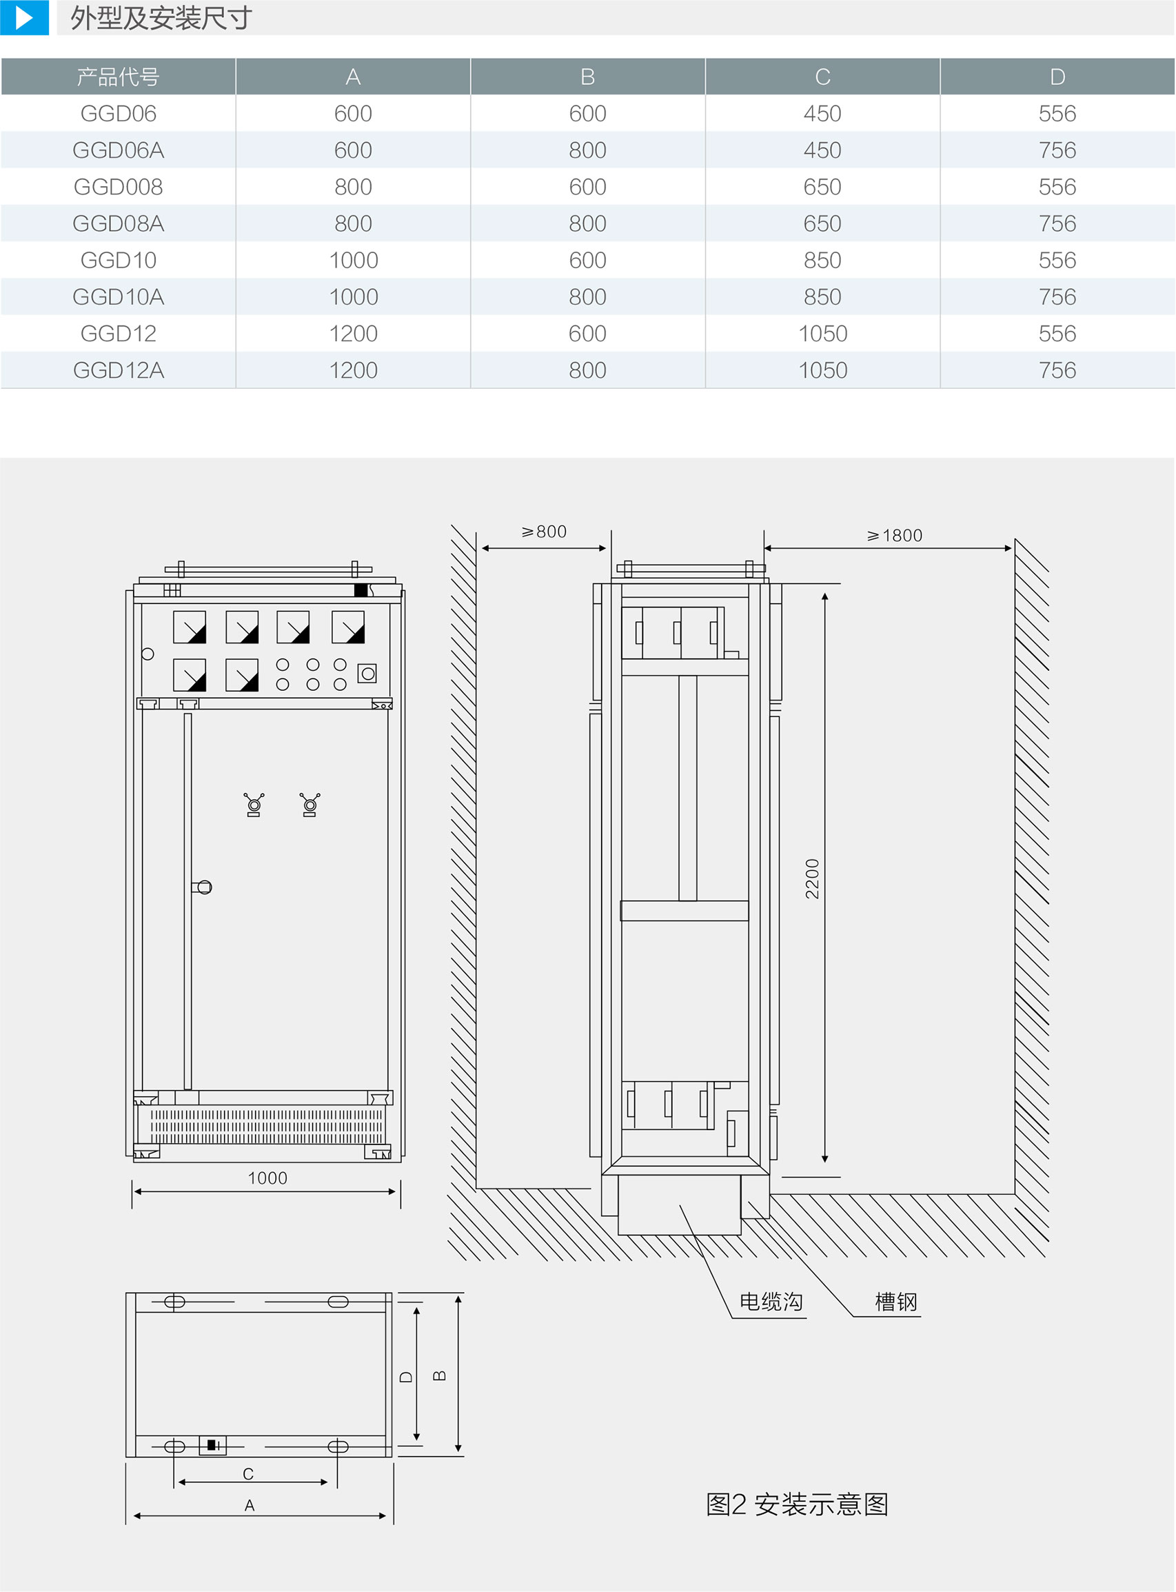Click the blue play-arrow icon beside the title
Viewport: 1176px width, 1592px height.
24,17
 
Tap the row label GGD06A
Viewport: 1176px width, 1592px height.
118,150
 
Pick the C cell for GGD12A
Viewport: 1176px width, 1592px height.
822,370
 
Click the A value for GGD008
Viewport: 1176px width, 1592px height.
353,188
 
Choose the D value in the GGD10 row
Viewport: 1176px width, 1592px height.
1057,261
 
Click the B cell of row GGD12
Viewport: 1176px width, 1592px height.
587,334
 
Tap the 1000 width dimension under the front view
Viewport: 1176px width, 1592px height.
267,1178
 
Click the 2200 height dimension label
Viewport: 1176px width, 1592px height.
812,878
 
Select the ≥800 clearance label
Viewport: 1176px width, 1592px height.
544,532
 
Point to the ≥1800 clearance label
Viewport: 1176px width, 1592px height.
894,536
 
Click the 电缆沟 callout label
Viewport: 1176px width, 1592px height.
771,1302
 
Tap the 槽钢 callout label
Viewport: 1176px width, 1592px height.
896,1302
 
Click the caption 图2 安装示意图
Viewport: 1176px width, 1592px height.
798,1504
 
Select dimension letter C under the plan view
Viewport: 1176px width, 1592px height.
248,1474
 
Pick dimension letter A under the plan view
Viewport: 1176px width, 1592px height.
249,1505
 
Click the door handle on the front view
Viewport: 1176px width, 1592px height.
202,887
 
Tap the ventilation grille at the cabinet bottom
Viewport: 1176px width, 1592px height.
267,1127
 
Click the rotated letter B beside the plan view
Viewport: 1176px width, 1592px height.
440,1376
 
